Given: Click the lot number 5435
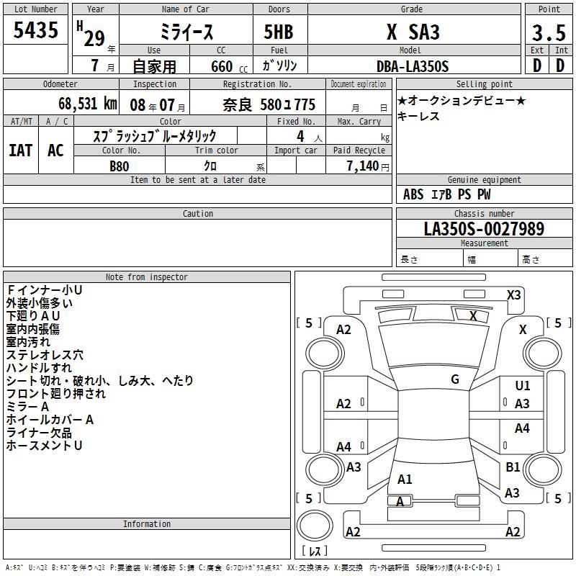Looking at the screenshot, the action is click(x=35, y=30).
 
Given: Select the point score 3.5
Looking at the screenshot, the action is click(x=549, y=32).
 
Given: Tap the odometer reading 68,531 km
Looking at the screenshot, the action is click(x=88, y=104).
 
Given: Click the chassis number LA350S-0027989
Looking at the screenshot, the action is click(x=484, y=228).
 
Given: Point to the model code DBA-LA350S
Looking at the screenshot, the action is click(x=413, y=66).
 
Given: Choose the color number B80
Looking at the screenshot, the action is click(x=120, y=166).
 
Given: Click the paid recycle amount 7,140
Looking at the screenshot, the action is click(x=362, y=166).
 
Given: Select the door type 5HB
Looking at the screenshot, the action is click(x=279, y=32).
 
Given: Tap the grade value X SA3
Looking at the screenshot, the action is click(x=413, y=32).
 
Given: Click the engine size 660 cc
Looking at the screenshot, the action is click(x=230, y=67).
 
